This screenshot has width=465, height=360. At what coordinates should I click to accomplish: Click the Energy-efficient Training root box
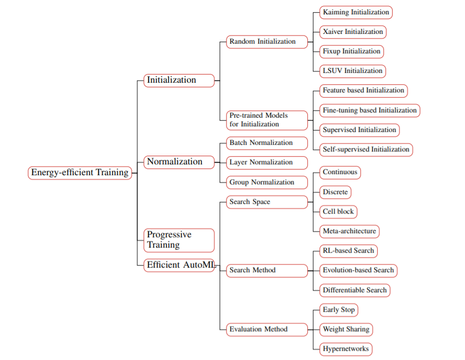pyautogui.click(x=80, y=173)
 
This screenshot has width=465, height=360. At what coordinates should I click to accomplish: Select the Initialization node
pyautogui.click(x=179, y=80)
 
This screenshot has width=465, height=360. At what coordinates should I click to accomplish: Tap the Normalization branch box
pyautogui.click(x=179, y=162)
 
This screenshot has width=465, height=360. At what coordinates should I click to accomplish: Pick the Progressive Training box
pyautogui.click(x=179, y=240)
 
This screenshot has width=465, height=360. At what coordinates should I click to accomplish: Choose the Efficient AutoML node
pyautogui.click(x=179, y=265)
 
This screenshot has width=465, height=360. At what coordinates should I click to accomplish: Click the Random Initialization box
pyautogui.click(x=267, y=42)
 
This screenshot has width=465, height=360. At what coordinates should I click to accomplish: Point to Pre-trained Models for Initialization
pyautogui.click(x=267, y=120)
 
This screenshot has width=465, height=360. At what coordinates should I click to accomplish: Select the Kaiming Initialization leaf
pyautogui.click(x=356, y=12)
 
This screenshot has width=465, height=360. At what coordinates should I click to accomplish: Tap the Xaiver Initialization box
pyautogui.click(x=352, y=31)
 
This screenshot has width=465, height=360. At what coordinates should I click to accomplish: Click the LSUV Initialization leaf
pyautogui.click(x=352, y=71)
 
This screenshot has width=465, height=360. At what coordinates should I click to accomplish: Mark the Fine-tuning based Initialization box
pyautogui.click(x=369, y=110)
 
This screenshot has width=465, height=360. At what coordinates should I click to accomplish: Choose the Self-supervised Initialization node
pyautogui.click(x=366, y=149)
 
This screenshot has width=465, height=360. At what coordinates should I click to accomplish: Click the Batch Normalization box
pyautogui.click(x=267, y=143)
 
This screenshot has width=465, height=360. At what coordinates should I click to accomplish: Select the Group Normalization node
pyautogui.click(x=267, y=182)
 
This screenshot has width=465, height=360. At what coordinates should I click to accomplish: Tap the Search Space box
pyautogui.click(x=267, y=202)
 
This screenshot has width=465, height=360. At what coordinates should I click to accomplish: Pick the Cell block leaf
pyautogui.click(x=338, y=212)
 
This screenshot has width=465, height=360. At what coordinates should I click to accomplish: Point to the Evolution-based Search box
pyautogui.click(x=358, y=270)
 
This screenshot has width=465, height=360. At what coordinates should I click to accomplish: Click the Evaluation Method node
pyautogui.click(x=267, y=329)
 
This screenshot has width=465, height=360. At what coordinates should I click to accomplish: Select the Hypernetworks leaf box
pyautogui.click(x=345, y=349)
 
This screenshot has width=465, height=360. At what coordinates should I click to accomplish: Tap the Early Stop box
pyautogui.click(x=338, y=310)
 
